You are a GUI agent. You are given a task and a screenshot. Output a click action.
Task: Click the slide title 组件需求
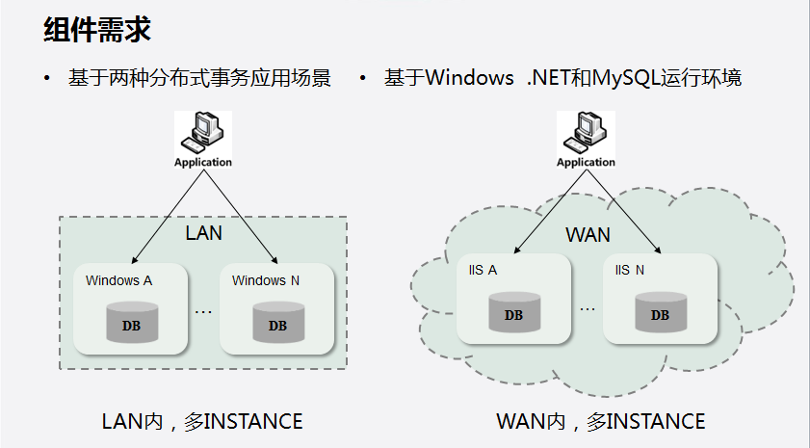(x=97, y=30)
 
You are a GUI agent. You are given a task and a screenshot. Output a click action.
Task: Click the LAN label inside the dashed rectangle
(x=203, y=233)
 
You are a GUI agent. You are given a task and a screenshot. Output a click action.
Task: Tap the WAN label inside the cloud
(x=588, y=235)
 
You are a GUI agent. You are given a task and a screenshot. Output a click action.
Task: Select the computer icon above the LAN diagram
(x=204, y=132)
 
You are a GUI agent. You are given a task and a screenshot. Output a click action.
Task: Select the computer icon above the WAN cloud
(x=586, y=132)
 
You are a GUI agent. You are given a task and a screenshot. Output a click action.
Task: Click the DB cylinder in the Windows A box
(x=130, y=323)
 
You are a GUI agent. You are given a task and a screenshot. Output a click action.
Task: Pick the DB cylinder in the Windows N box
(x=277, y=323)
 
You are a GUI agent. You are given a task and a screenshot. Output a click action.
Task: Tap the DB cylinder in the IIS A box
(x=513, y=313)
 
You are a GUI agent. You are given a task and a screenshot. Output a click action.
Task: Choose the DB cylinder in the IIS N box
(x=660, y=313)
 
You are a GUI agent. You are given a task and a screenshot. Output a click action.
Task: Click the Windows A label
(x=119, y=281)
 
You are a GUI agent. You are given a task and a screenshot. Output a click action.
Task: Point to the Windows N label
(x=266, y=281)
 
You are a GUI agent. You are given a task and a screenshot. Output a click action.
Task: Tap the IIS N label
(x=630, y=270)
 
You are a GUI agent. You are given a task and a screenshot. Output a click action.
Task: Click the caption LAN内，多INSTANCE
(x=202, y=421)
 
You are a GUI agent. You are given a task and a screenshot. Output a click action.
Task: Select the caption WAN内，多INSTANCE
(x=601, y=421)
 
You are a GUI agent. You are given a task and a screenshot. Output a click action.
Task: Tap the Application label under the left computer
(x=203, y=162)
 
